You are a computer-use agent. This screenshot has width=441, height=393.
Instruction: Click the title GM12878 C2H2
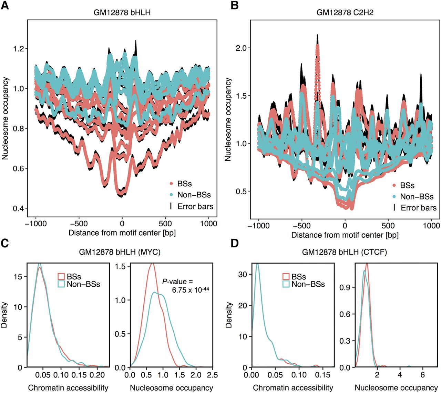pyautogui.click(x=345, y=13)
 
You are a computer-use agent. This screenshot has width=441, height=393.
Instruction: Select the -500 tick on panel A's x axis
pyautogui.click(x=79, y=223)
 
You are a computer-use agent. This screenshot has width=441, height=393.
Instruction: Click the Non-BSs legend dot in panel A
pyautogui.click(x=171, y=195)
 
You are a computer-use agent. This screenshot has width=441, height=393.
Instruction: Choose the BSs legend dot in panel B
pyautogui.click(x=394, y=186)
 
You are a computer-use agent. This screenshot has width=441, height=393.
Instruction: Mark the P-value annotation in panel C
pyautogui.click(x=185, y=286)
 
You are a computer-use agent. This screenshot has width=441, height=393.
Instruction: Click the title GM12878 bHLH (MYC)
pyautogui.click(x=120, y=252)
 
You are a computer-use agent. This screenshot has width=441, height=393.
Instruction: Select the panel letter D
pyautogui.click(x=234, y=243)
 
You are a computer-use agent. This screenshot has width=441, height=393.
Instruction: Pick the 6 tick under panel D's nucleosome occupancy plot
pyautogui.click(x=423, y=375)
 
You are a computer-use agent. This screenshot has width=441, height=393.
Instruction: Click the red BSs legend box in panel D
pyautogui.click(x=286, y=276)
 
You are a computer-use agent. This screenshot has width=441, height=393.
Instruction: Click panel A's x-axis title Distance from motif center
pyautogui.click(x=122, y=233)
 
